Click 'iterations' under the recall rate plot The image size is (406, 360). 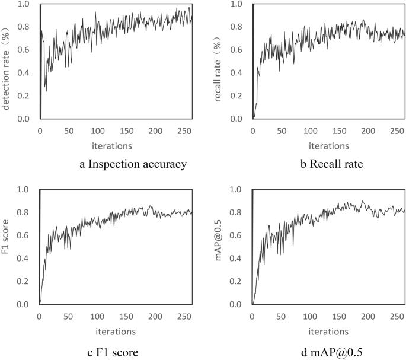[x=329, y=145]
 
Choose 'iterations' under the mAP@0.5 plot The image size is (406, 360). [x=329, y=331]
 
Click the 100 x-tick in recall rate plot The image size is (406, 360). [x=310, y=130]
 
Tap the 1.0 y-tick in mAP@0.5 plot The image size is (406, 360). [x=240, y=190]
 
